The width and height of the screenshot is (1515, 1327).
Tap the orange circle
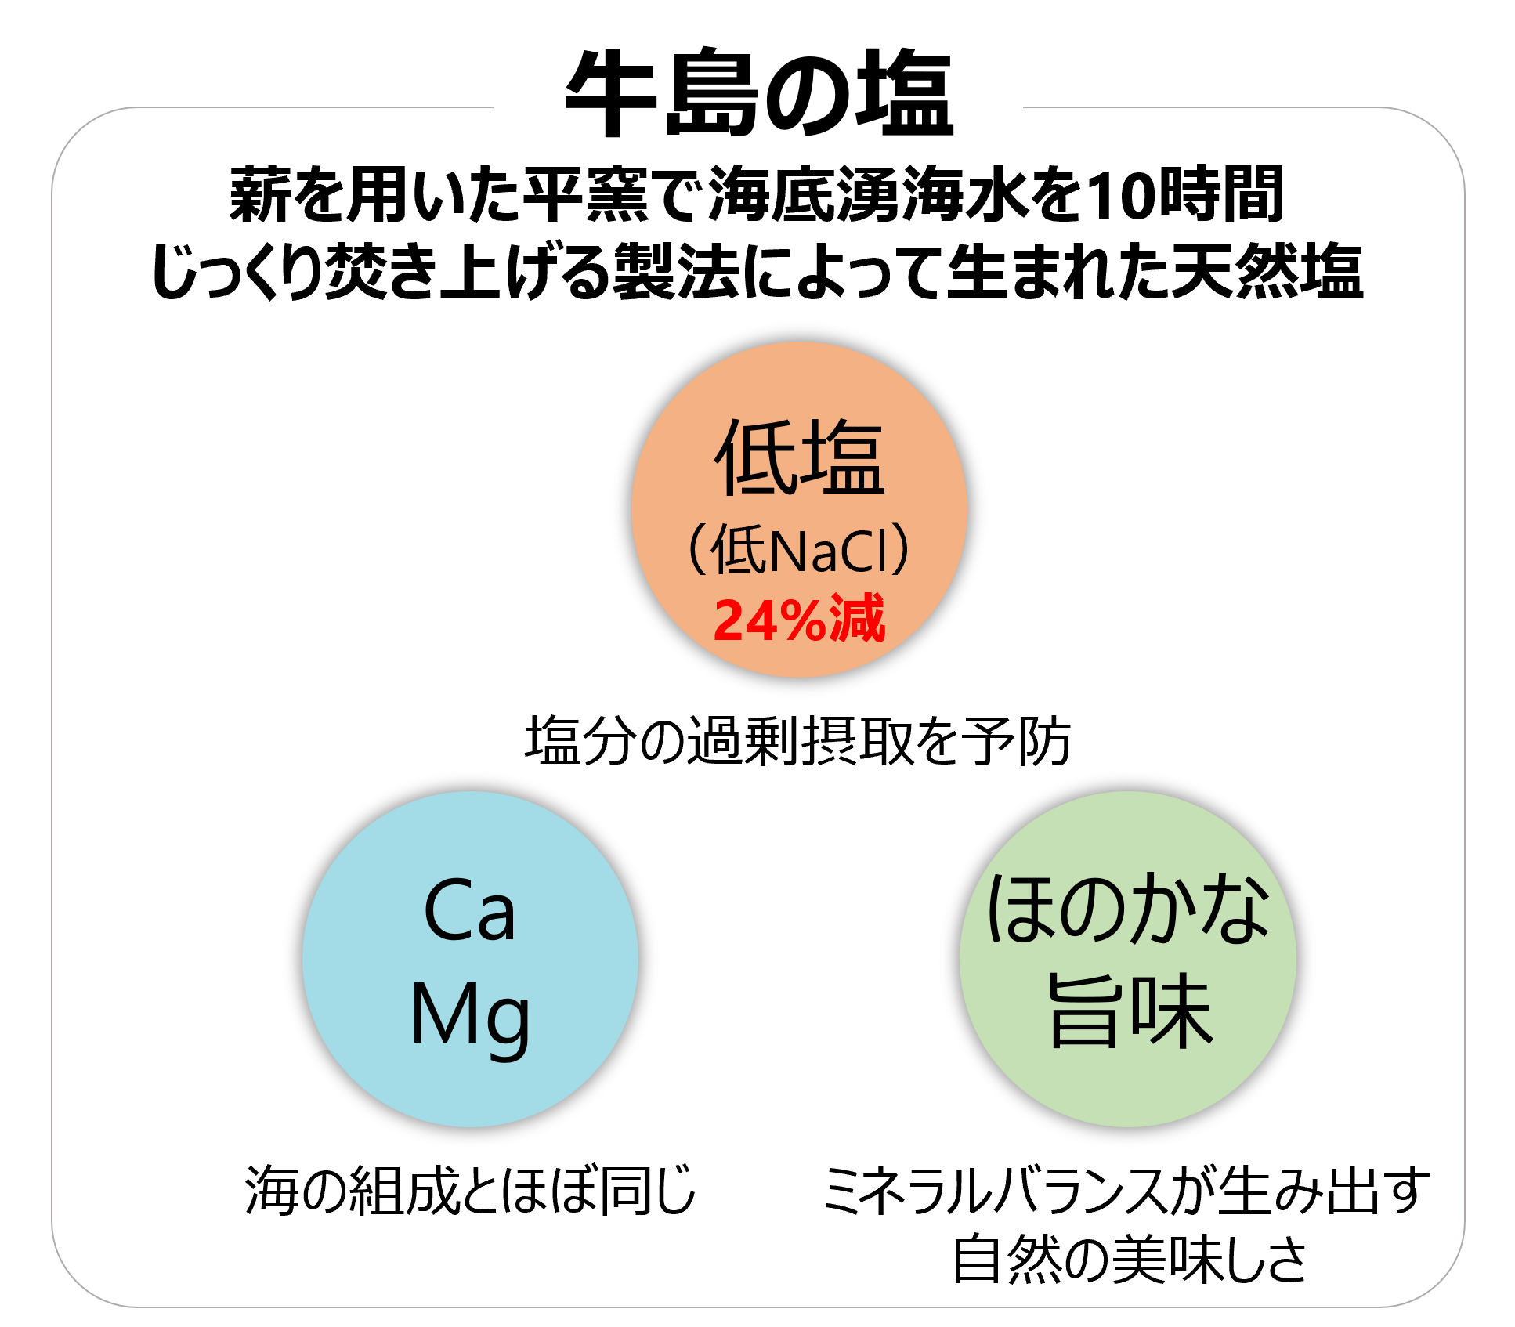(x=799, y=509)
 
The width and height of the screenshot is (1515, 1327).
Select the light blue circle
(x=470, y=959)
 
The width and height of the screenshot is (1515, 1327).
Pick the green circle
(x=1128, y=959)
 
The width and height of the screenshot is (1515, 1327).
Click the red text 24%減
(x=799, y=620)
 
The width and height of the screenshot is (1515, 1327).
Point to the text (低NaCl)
(x=799, y=549)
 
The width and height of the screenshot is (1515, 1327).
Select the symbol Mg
(x=470, y=1017)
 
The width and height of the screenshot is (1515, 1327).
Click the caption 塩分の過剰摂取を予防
(x=797, y=740)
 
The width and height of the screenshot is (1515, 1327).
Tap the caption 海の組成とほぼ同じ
(x=470, y=1190)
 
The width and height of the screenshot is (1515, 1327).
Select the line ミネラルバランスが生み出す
(x=1126, y=1190)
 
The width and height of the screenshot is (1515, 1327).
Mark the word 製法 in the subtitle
(x=675, y=271)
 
